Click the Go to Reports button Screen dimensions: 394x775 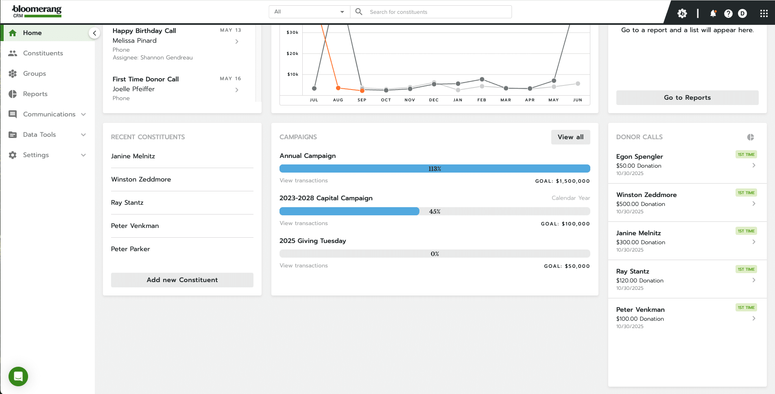click(687, 98)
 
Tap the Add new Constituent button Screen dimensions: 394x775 click(182, 280)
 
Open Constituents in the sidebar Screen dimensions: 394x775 click(43, 53)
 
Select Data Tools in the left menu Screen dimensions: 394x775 click(39, 135)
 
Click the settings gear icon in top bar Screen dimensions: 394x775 click(682, 13)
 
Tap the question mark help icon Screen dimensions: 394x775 click(728, 13)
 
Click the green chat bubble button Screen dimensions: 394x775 click(18, 376)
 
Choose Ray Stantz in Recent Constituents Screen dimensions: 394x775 click(127, 203)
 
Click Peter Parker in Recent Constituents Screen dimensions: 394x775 click(131, 249)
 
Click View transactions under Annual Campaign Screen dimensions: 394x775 click(303, 181)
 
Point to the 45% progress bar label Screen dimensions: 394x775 click(434, 212)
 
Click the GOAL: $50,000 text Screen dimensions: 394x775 click(567, 266)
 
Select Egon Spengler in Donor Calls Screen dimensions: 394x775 click(640, 157)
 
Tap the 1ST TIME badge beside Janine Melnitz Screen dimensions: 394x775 click(746, 231)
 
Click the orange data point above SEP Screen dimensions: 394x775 click(362, 90)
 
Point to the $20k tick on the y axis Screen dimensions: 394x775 click(293, 54)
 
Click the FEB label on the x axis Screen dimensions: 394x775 click(482, 100)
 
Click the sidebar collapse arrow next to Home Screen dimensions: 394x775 click(94, 33)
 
